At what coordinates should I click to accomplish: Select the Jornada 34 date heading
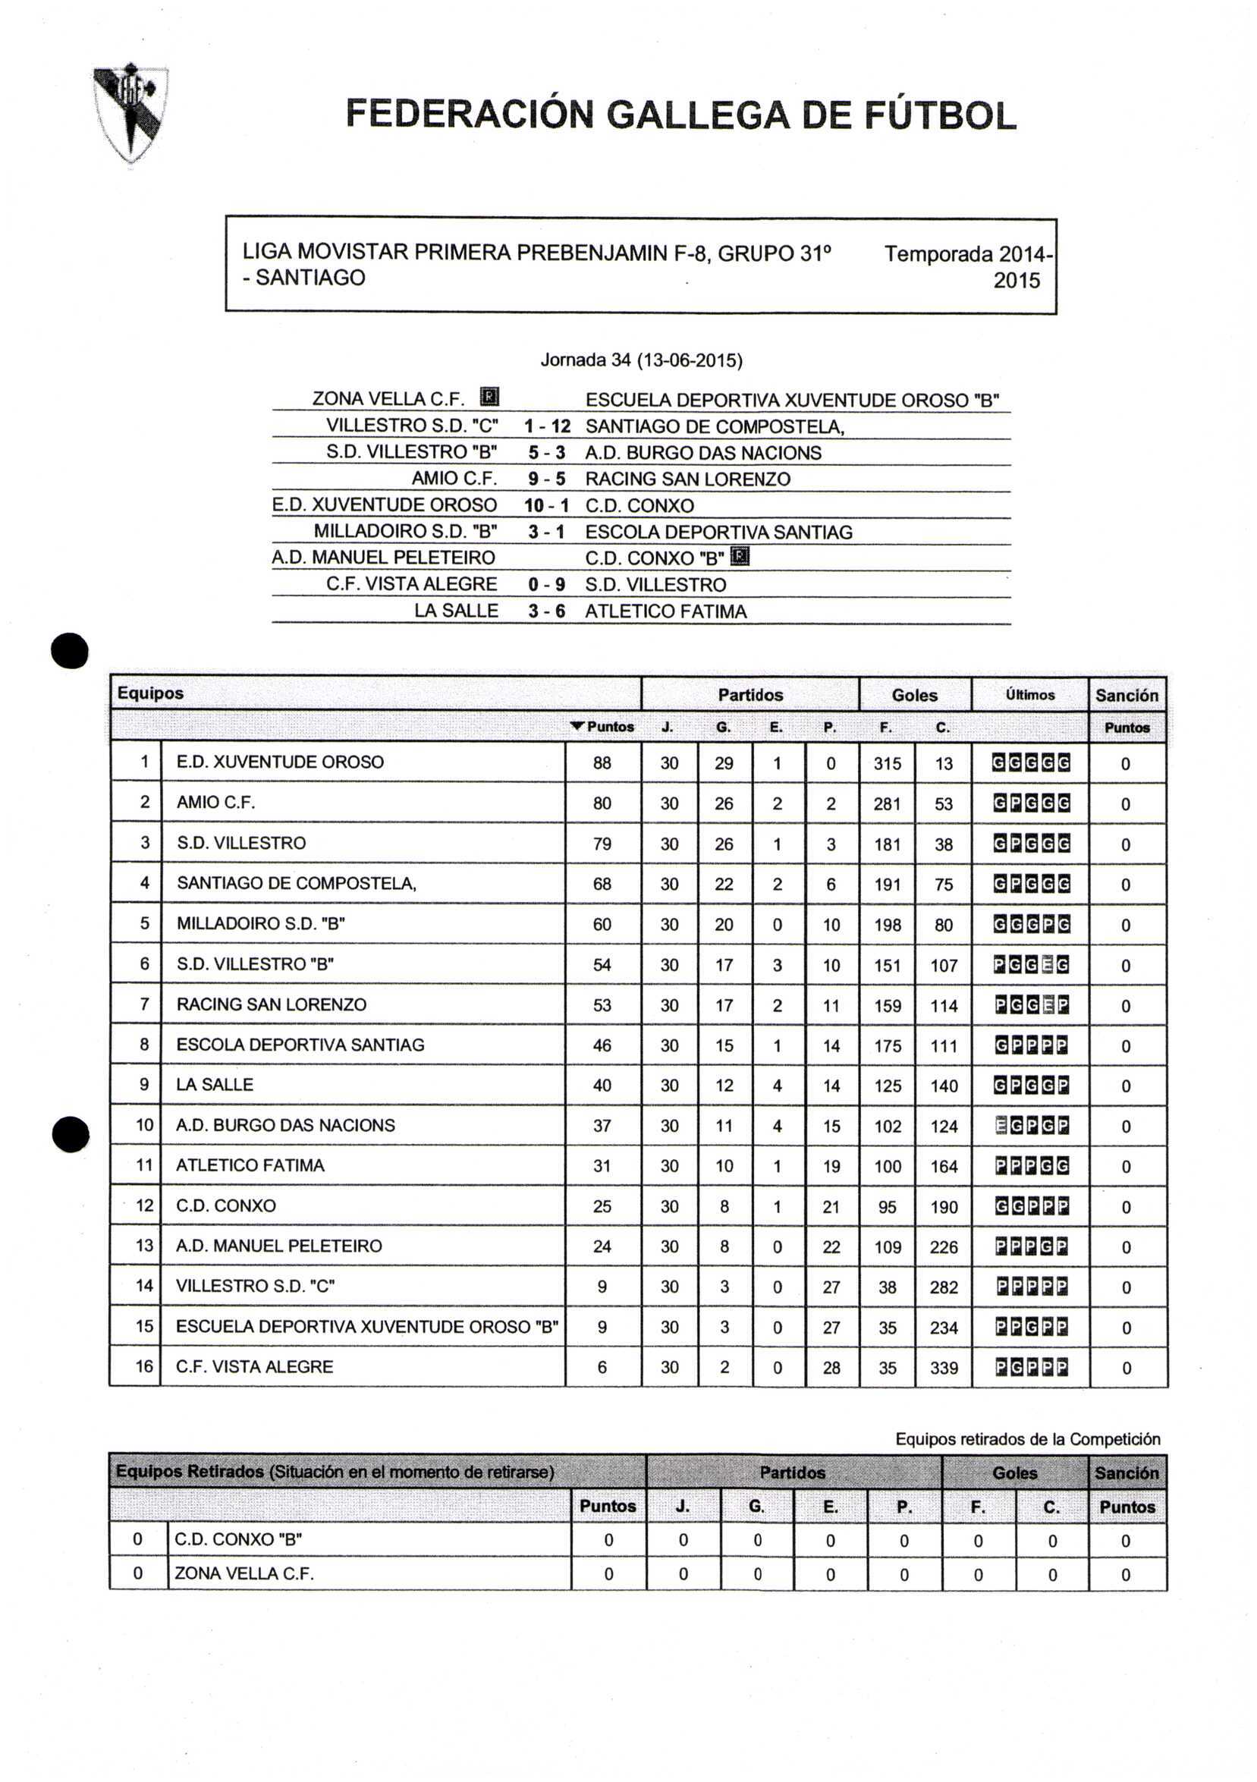pyautogui.click(x=641, y=360)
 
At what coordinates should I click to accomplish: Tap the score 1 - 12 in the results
pyautogui.click(x=547, y=426)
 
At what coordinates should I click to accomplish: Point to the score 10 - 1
pyautogui.click(x=546, y=505)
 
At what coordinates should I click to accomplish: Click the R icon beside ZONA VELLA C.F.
pyautogui.click(x=489, y=398)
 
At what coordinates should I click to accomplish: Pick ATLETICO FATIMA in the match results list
pyautogui.click(x=666, y=611)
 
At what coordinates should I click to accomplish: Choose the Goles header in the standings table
pyautogui.click(x=914, y=695)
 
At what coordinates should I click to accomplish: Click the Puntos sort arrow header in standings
pyautogui.click(x=602, y=728)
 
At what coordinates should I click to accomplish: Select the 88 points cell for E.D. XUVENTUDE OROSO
pyautogui.click(x=602, y=763)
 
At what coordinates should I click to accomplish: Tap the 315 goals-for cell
pyautogui.click(x=887, y=764)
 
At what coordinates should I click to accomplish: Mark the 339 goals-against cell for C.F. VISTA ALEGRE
pyautogui.click(x=944, y=1368)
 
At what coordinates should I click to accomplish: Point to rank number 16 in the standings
pyautogui.click(x=144, y=1366)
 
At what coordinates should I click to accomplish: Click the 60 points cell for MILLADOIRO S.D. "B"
pyautogui.click(x=602, y=924)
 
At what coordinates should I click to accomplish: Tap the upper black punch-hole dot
pyautogui.click(x=70, y=650)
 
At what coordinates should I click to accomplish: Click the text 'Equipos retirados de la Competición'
pyautogui.click(x=1027, y=1439)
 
